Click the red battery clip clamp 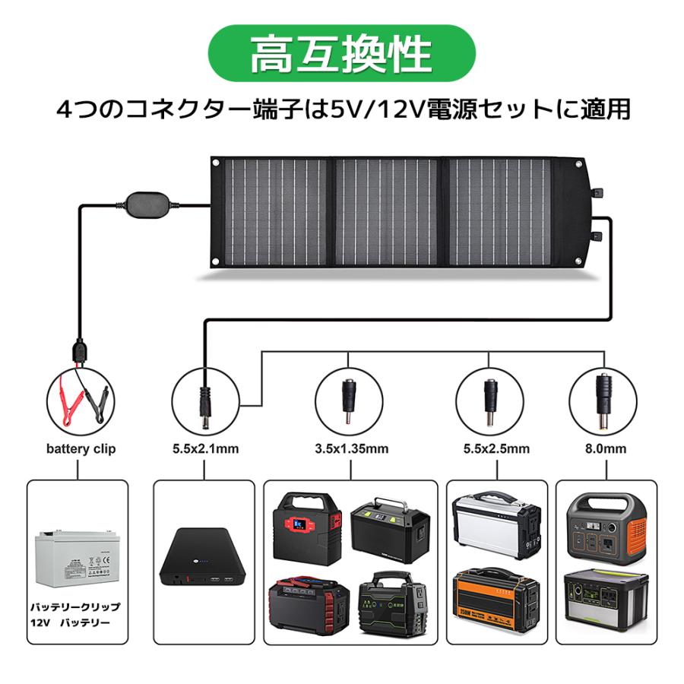[64, 397]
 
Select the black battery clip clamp [97, 398]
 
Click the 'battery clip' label [81, 449]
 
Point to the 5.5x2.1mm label [205, 449]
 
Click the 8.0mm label [606, 449]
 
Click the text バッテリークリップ [74, 608]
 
